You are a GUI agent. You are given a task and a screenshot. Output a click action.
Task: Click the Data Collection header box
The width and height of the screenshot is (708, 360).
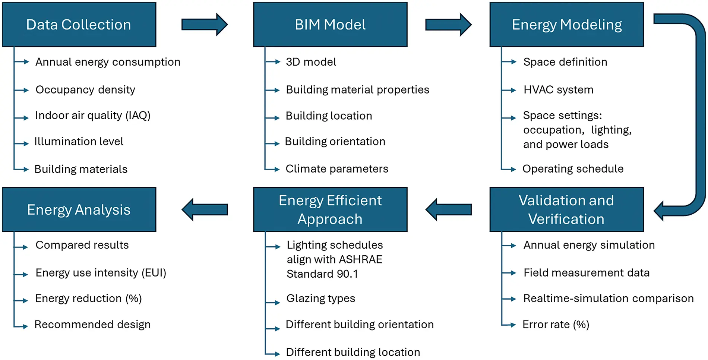coord(79,25)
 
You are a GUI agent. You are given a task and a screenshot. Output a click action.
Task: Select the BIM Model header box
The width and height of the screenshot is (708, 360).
coord(330,25)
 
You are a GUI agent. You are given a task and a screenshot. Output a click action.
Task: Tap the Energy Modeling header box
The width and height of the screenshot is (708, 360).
coord(566,25)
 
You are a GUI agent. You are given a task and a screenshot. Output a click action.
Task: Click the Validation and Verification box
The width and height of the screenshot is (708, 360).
coord(566,209)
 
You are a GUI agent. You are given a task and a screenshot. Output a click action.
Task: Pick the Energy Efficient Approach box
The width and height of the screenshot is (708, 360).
coord(330,209)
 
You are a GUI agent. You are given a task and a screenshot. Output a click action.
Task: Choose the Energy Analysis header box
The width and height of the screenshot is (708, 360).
coord(79,209)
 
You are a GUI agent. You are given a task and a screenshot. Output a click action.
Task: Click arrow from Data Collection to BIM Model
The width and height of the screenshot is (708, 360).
coord(204,25)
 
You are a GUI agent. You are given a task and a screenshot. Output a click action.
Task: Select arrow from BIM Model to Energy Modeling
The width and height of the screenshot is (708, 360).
coord(448,25)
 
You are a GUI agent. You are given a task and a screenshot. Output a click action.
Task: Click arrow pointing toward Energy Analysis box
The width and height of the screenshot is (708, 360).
coord(205,209)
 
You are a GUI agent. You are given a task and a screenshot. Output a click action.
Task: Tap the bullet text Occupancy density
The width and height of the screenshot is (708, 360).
coord(85,90)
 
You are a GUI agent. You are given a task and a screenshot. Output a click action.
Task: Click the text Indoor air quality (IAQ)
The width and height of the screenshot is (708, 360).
coord(93,116)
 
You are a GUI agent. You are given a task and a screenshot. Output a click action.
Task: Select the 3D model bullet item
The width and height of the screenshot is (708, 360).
coord(311,62)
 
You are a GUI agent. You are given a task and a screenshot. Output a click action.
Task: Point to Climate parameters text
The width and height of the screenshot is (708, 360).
coord(337,169)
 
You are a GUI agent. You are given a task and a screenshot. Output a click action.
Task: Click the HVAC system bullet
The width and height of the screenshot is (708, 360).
coord(558,90)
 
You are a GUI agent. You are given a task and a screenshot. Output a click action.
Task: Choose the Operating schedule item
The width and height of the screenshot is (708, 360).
coord(573,169)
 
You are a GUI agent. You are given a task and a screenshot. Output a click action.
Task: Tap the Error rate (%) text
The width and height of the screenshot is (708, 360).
coord(556,325)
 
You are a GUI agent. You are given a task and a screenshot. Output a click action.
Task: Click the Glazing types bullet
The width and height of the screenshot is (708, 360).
coord(320,299)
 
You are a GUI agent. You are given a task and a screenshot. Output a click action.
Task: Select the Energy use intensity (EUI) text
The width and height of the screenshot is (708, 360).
coord(101,273)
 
